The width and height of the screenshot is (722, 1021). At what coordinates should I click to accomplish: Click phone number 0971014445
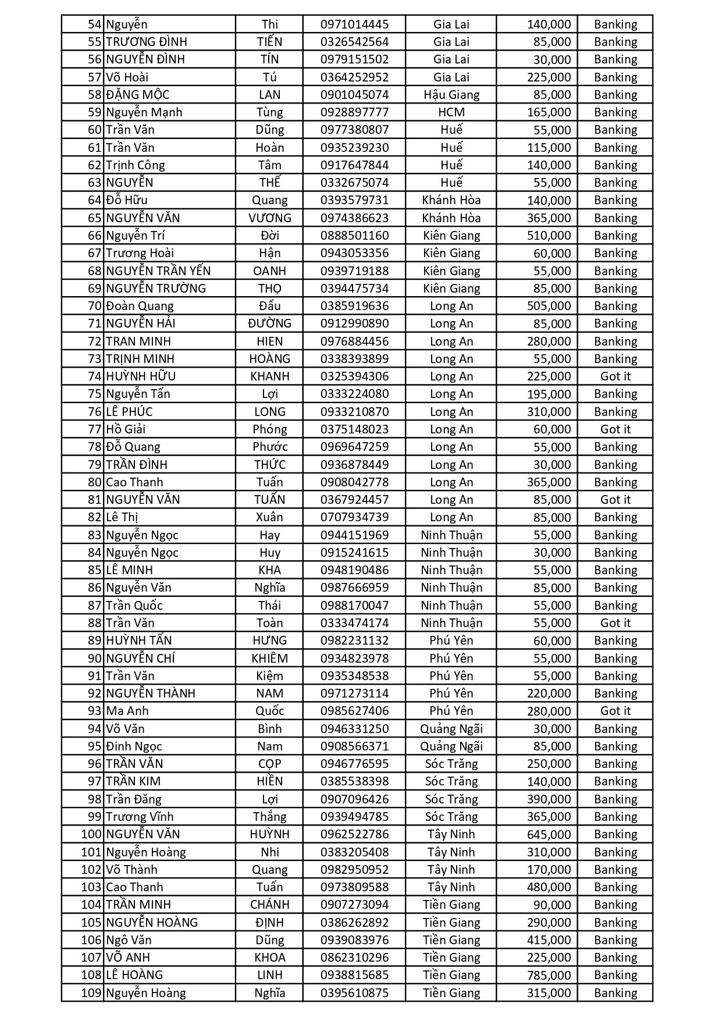coord(354,24)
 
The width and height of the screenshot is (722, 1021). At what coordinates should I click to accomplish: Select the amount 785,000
coord(549,975)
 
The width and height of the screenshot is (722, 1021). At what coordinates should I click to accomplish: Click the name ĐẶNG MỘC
coord(138,95)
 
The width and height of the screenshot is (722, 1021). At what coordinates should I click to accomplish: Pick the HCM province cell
coord(451,112)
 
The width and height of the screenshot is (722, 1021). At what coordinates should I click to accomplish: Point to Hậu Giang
coord(451,95)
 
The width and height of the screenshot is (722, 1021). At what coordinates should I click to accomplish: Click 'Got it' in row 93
coord(615,711)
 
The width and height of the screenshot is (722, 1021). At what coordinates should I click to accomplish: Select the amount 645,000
coord(549,834)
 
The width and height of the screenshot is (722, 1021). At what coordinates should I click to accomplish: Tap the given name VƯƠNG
coord(269,218)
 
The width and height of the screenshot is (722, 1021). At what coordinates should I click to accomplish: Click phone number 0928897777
coord(354,112)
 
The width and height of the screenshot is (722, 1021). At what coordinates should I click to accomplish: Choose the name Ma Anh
coord(127,711)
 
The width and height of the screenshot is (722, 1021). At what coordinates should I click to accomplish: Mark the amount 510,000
coord(549,236)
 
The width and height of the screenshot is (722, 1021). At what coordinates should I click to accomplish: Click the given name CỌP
coord(269,764)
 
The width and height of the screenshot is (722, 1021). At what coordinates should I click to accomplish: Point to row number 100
coord(91,834)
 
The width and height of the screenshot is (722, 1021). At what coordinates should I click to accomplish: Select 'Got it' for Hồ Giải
coord(615,429)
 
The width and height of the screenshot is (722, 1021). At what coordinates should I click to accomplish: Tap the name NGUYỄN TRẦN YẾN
coord(158,271)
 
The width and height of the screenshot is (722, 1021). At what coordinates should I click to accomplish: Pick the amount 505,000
coord(549,306)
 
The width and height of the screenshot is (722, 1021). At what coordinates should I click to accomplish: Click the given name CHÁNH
coord(269,905)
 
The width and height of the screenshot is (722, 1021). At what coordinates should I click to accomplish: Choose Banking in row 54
coord(615,24)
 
